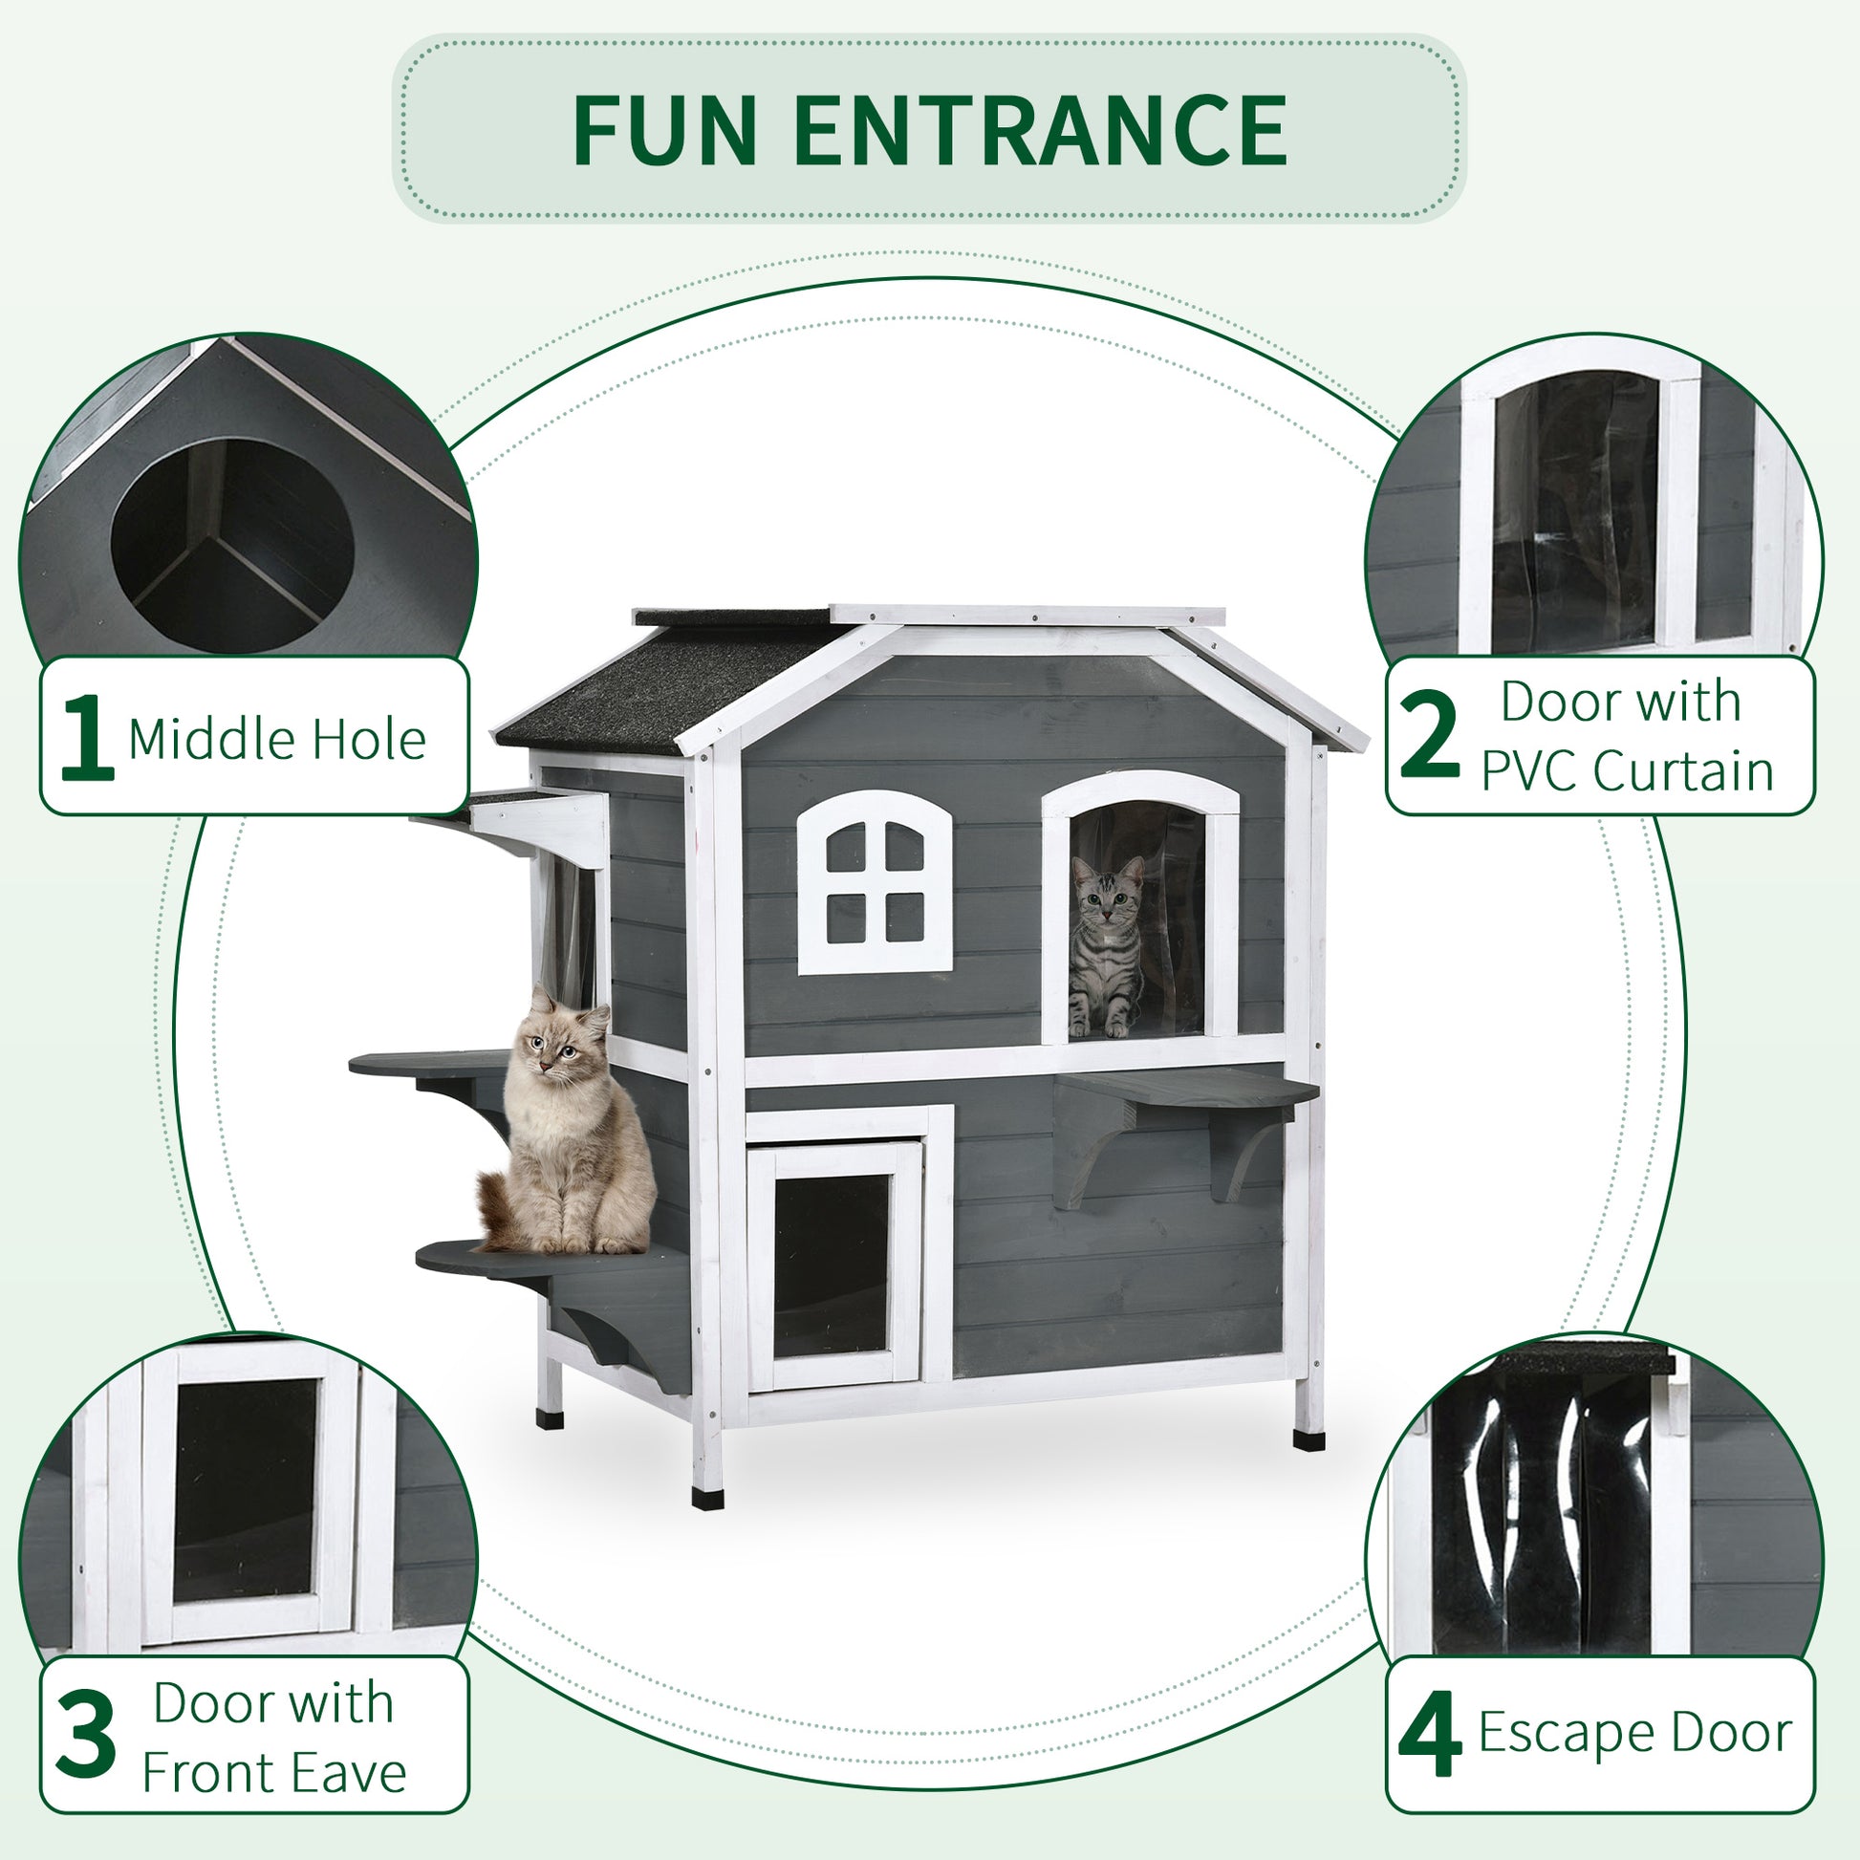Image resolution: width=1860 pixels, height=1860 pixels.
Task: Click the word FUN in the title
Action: click(x=664, y=131)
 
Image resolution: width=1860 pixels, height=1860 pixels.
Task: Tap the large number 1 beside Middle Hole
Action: click(x=87, y=737)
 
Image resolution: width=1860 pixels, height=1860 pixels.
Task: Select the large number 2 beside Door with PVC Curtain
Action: click(x=1430, y=737)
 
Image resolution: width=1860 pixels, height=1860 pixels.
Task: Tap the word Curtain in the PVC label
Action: click(x=1683, y=772)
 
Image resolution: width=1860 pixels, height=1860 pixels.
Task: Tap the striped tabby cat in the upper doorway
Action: click(x=1107, y=948)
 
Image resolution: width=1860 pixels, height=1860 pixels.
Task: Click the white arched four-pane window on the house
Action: click(x=875, y=883)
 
